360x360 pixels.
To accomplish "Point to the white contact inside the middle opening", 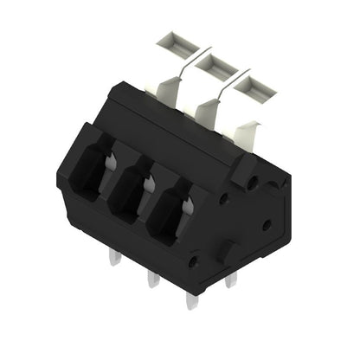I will [150, 183].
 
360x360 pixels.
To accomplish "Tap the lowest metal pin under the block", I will [190, 299].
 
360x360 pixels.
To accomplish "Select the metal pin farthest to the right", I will [230, 280].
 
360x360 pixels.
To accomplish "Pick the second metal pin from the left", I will [152, 278].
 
